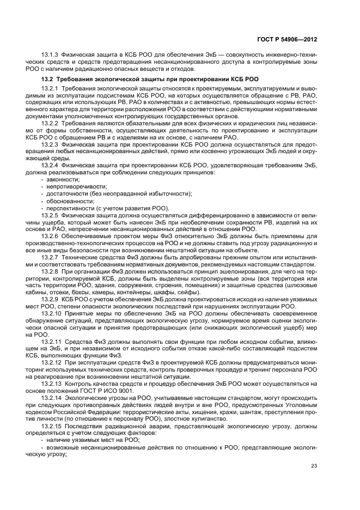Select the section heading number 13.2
click(x=48, y=80)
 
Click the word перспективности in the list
click(x=68, y=208)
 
